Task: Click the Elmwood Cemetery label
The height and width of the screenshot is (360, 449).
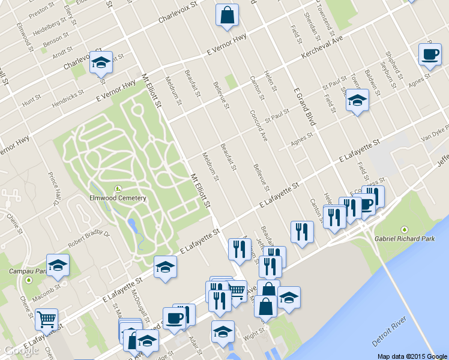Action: pos(118,198)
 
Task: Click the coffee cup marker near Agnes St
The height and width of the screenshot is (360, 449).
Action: pos(429,54)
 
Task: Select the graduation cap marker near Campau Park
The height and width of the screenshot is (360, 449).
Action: pos(58,265)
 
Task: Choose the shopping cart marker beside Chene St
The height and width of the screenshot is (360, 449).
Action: pos(46,319)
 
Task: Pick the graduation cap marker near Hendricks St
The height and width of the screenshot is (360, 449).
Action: pos(101,62)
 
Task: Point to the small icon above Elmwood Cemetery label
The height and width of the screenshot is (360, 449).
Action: pos(118,188)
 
